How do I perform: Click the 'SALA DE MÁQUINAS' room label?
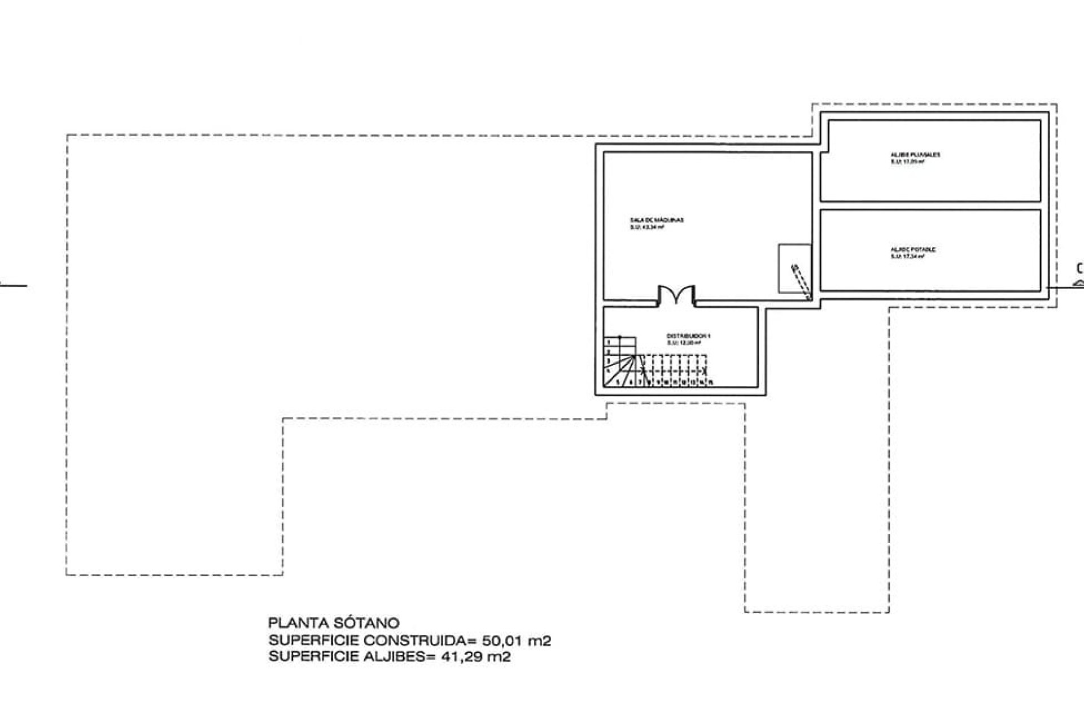(x=657, y=220)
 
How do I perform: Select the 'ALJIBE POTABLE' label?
(x=906, y=249)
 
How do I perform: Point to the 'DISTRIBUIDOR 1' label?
(x=688, y=336)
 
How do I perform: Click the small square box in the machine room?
(x=794, y=268)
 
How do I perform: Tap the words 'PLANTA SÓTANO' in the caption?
(x=334, y=624)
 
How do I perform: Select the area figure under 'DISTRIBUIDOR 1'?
(x=684, y=343)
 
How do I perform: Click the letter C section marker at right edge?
(x=1079, y=269)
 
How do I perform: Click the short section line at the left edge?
(x=14, y=286)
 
